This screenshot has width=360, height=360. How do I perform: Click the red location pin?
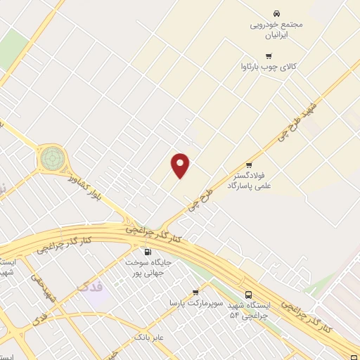[x=181, y=165]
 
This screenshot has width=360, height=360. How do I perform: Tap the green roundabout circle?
[x=51, y=158]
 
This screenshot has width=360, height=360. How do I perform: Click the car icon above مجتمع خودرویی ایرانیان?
[x=276, y=13]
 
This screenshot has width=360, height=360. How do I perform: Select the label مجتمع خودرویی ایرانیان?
[x=276, y=29]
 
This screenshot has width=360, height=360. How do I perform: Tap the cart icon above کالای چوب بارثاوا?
[x=268, y=56]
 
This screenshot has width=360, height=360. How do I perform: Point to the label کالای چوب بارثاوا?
[x=269, y=68]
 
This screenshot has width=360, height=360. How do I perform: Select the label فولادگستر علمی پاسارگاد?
[x=249, y=181]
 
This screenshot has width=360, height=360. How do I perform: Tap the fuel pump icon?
[x=147, y=252]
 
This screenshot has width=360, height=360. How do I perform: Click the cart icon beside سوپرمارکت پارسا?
[x=196, y=291]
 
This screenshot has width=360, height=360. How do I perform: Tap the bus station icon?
[x=248, y=295]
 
